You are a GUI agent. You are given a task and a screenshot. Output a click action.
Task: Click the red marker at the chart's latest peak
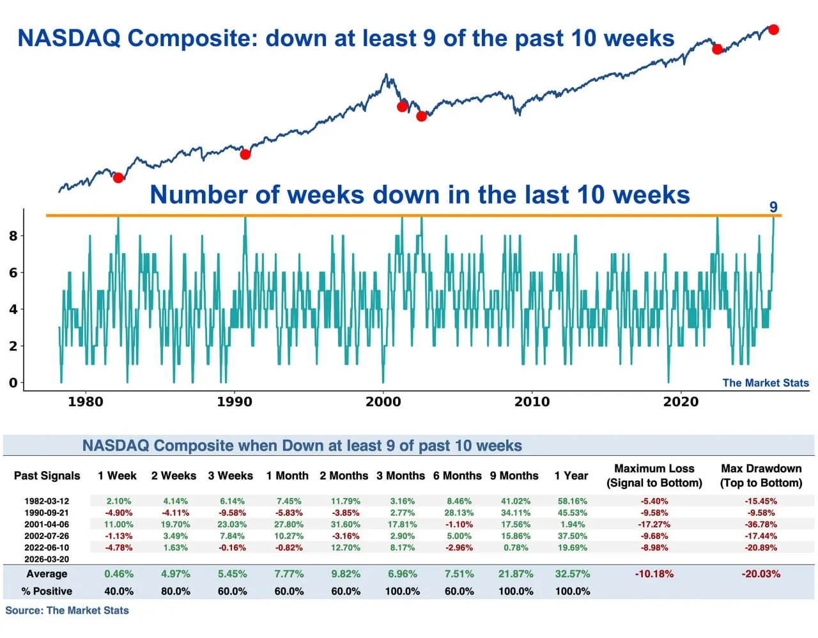pos(773,29)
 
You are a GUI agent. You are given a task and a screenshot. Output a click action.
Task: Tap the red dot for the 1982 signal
pos(118,177)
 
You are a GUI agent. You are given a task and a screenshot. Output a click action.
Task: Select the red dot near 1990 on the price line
pos(245,154)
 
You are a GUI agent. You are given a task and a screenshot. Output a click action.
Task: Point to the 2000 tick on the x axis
pos(383,401)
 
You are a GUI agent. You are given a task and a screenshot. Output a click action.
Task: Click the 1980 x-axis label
pos(85,401)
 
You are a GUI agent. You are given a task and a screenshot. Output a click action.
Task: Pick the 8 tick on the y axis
pos(13,236)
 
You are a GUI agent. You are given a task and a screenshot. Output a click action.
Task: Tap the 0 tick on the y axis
pos(13,383)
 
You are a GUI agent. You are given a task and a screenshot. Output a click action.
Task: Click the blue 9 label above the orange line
pos(773,207)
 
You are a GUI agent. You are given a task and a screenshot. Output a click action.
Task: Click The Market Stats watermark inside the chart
pos(765,383)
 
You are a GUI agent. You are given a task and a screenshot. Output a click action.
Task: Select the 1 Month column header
pos(288,476)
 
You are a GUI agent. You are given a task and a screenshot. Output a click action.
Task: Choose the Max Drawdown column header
pos(760,476)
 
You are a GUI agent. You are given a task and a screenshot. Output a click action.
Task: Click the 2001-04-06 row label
pos(47,524)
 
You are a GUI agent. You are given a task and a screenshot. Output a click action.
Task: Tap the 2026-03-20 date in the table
pos(47,559)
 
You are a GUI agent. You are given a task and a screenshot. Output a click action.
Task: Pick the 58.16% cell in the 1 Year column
pos(572,501)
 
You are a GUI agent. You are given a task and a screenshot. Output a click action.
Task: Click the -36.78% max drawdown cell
pos(760,524)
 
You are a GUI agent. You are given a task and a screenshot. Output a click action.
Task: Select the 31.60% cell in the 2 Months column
pos(345,524)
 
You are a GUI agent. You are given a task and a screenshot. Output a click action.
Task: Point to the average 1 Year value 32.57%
pos(572,574)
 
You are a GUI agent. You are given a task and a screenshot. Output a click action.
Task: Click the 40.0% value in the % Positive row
pos(119,591)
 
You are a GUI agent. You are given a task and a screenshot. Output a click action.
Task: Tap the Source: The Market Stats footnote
pos(67,611)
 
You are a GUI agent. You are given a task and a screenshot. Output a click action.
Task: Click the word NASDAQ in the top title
pos(68,38)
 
